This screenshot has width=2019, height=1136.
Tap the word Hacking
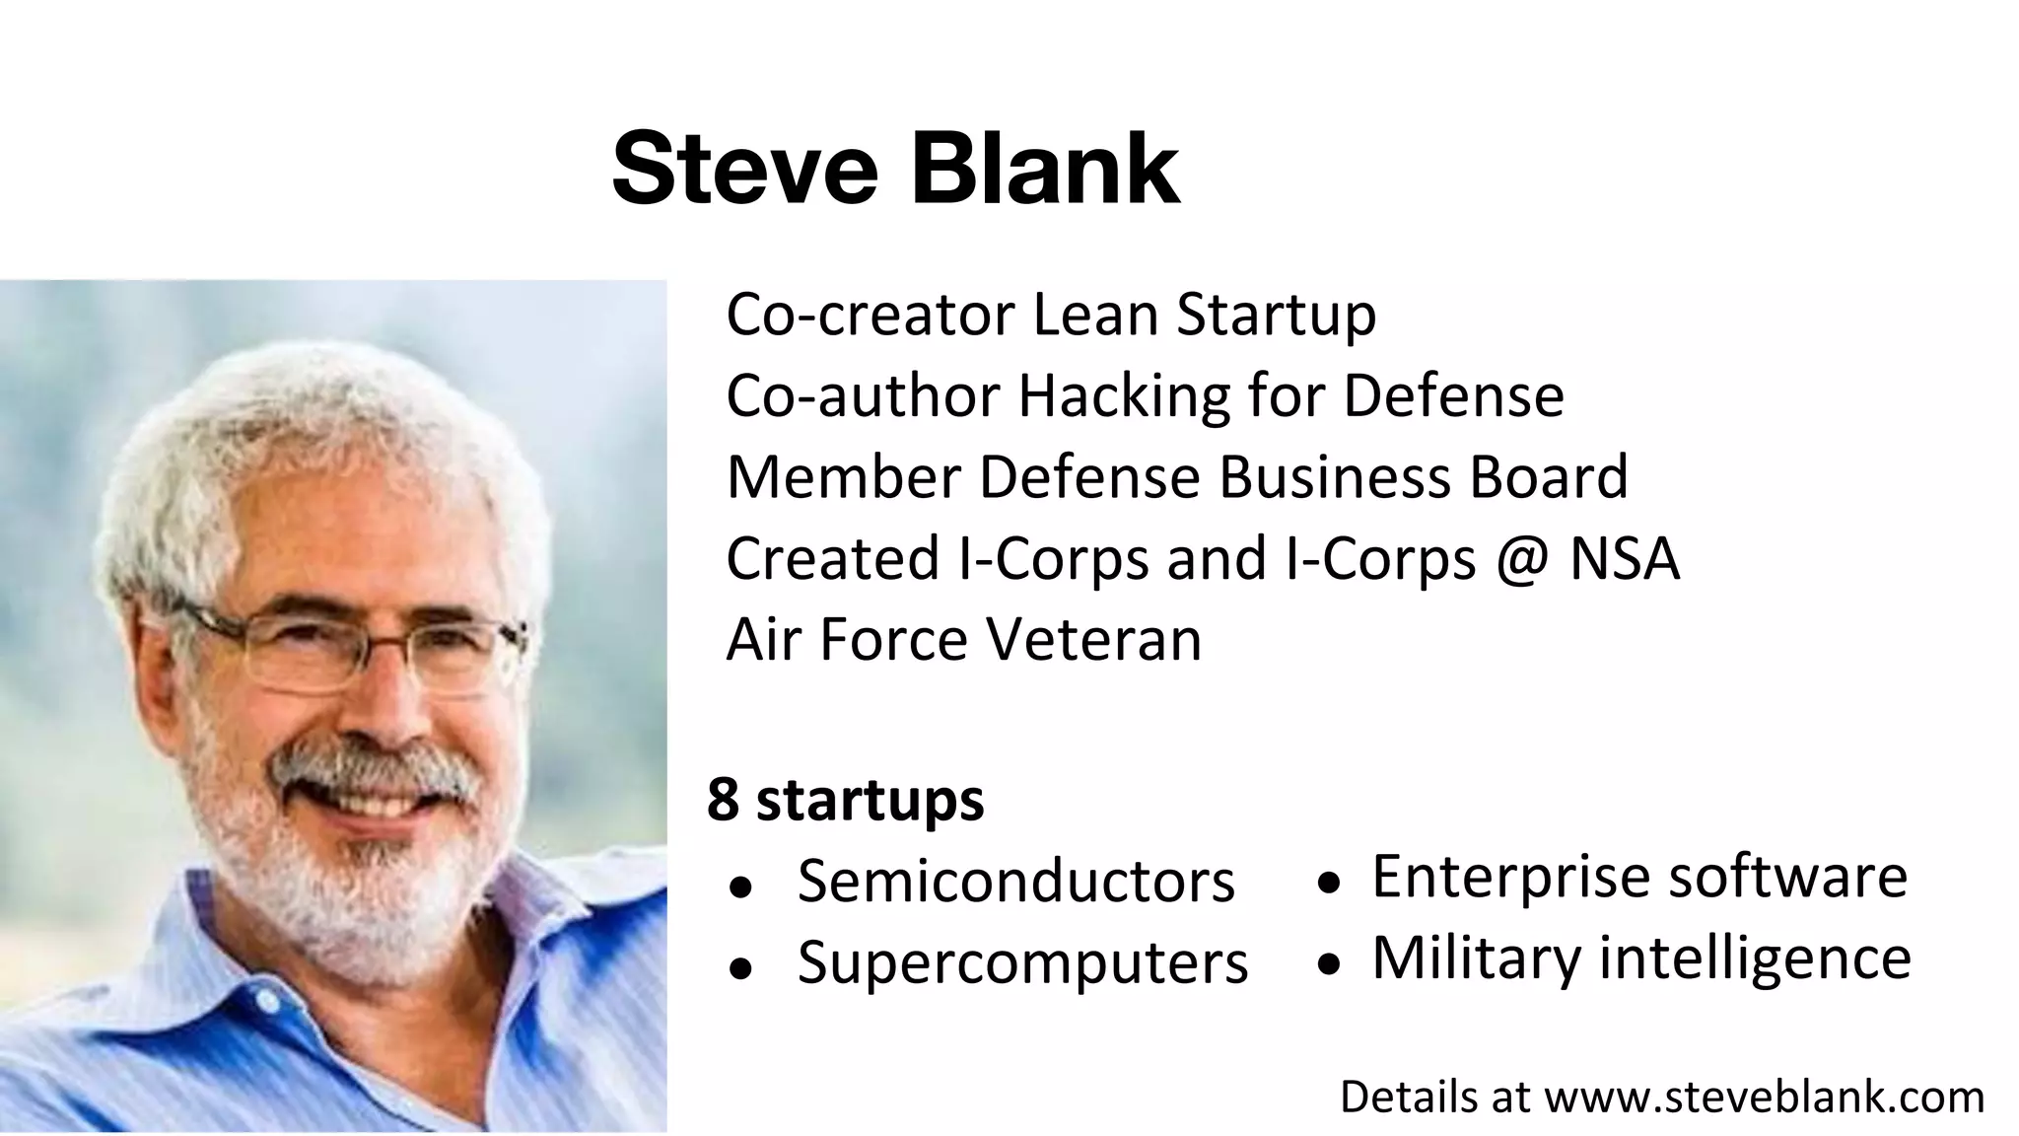(1124, 396)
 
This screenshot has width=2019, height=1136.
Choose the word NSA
(1624, 559)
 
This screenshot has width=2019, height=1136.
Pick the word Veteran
(1094, 640)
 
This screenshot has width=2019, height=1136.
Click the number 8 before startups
(723, 800)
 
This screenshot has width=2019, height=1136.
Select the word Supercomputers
(1022, 963)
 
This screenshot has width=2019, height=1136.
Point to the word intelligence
(1755, 958)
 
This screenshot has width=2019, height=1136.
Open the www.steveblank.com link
(1764, 1098)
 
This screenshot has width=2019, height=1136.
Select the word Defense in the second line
(1453, 396)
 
